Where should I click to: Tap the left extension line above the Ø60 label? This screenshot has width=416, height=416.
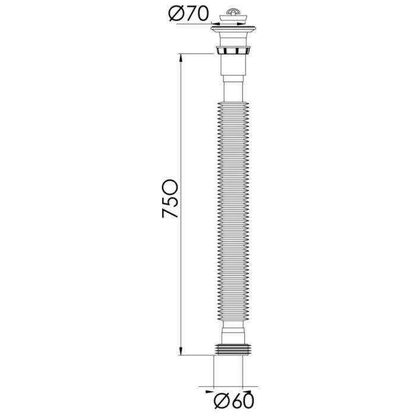(x=213, y=374)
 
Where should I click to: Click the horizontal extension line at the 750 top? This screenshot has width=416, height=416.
(x=196, y=54)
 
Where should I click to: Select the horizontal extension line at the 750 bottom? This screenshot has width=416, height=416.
(x=196, y=355)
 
